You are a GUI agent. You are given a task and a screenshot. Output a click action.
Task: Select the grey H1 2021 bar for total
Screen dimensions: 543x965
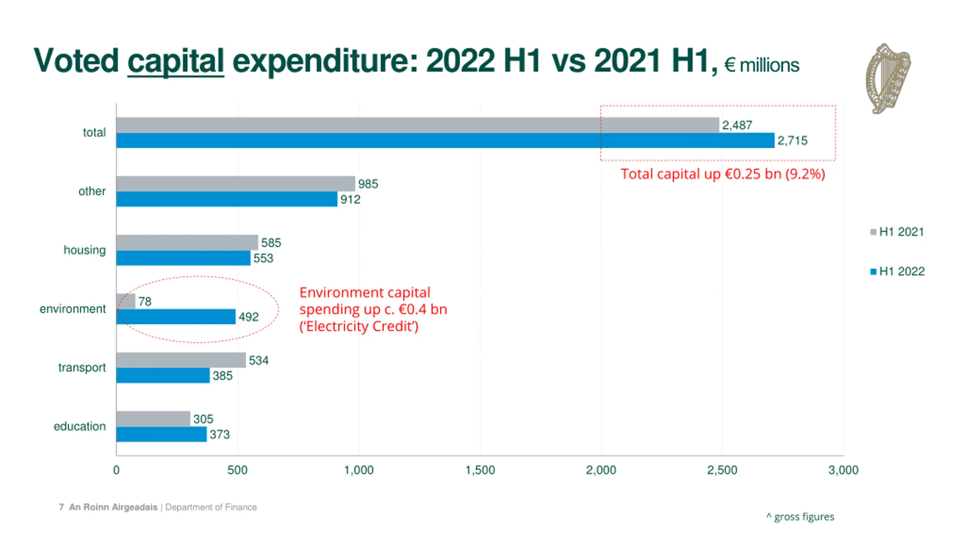coord(417,125)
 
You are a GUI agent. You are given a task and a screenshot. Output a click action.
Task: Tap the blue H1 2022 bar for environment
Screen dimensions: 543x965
coord(176,317)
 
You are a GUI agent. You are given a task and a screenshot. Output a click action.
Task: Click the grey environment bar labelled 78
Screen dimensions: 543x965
coord(126,301)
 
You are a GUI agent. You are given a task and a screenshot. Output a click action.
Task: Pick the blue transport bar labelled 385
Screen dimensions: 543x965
coord(163,376)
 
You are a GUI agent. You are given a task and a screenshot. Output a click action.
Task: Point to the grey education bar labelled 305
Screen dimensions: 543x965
coord(153,419)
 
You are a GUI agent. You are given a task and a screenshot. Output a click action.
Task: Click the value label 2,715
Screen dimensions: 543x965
coord(792,141)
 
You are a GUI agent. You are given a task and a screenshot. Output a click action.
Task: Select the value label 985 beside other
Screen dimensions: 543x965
coord(368,184)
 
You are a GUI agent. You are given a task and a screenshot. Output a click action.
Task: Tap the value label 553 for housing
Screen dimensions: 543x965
coord(263,258)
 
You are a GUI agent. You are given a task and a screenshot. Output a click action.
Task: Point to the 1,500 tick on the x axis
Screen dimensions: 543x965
coord(480,470)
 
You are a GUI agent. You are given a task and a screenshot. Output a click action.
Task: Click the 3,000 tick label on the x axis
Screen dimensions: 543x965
coord(843,470)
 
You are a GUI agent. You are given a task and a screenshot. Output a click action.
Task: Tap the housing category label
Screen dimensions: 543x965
coord(84,250)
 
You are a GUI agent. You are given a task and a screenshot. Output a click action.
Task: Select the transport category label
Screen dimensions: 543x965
coord(82,368)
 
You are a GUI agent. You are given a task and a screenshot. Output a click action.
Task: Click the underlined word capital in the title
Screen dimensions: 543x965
coord(176,61)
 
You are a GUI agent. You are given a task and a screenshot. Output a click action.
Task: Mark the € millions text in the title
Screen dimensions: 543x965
coord(761,65)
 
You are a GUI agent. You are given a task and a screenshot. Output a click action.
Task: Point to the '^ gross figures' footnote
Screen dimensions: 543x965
coord(800,517)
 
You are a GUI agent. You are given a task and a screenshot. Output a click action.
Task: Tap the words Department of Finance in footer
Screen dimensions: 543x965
coord(211,507)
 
